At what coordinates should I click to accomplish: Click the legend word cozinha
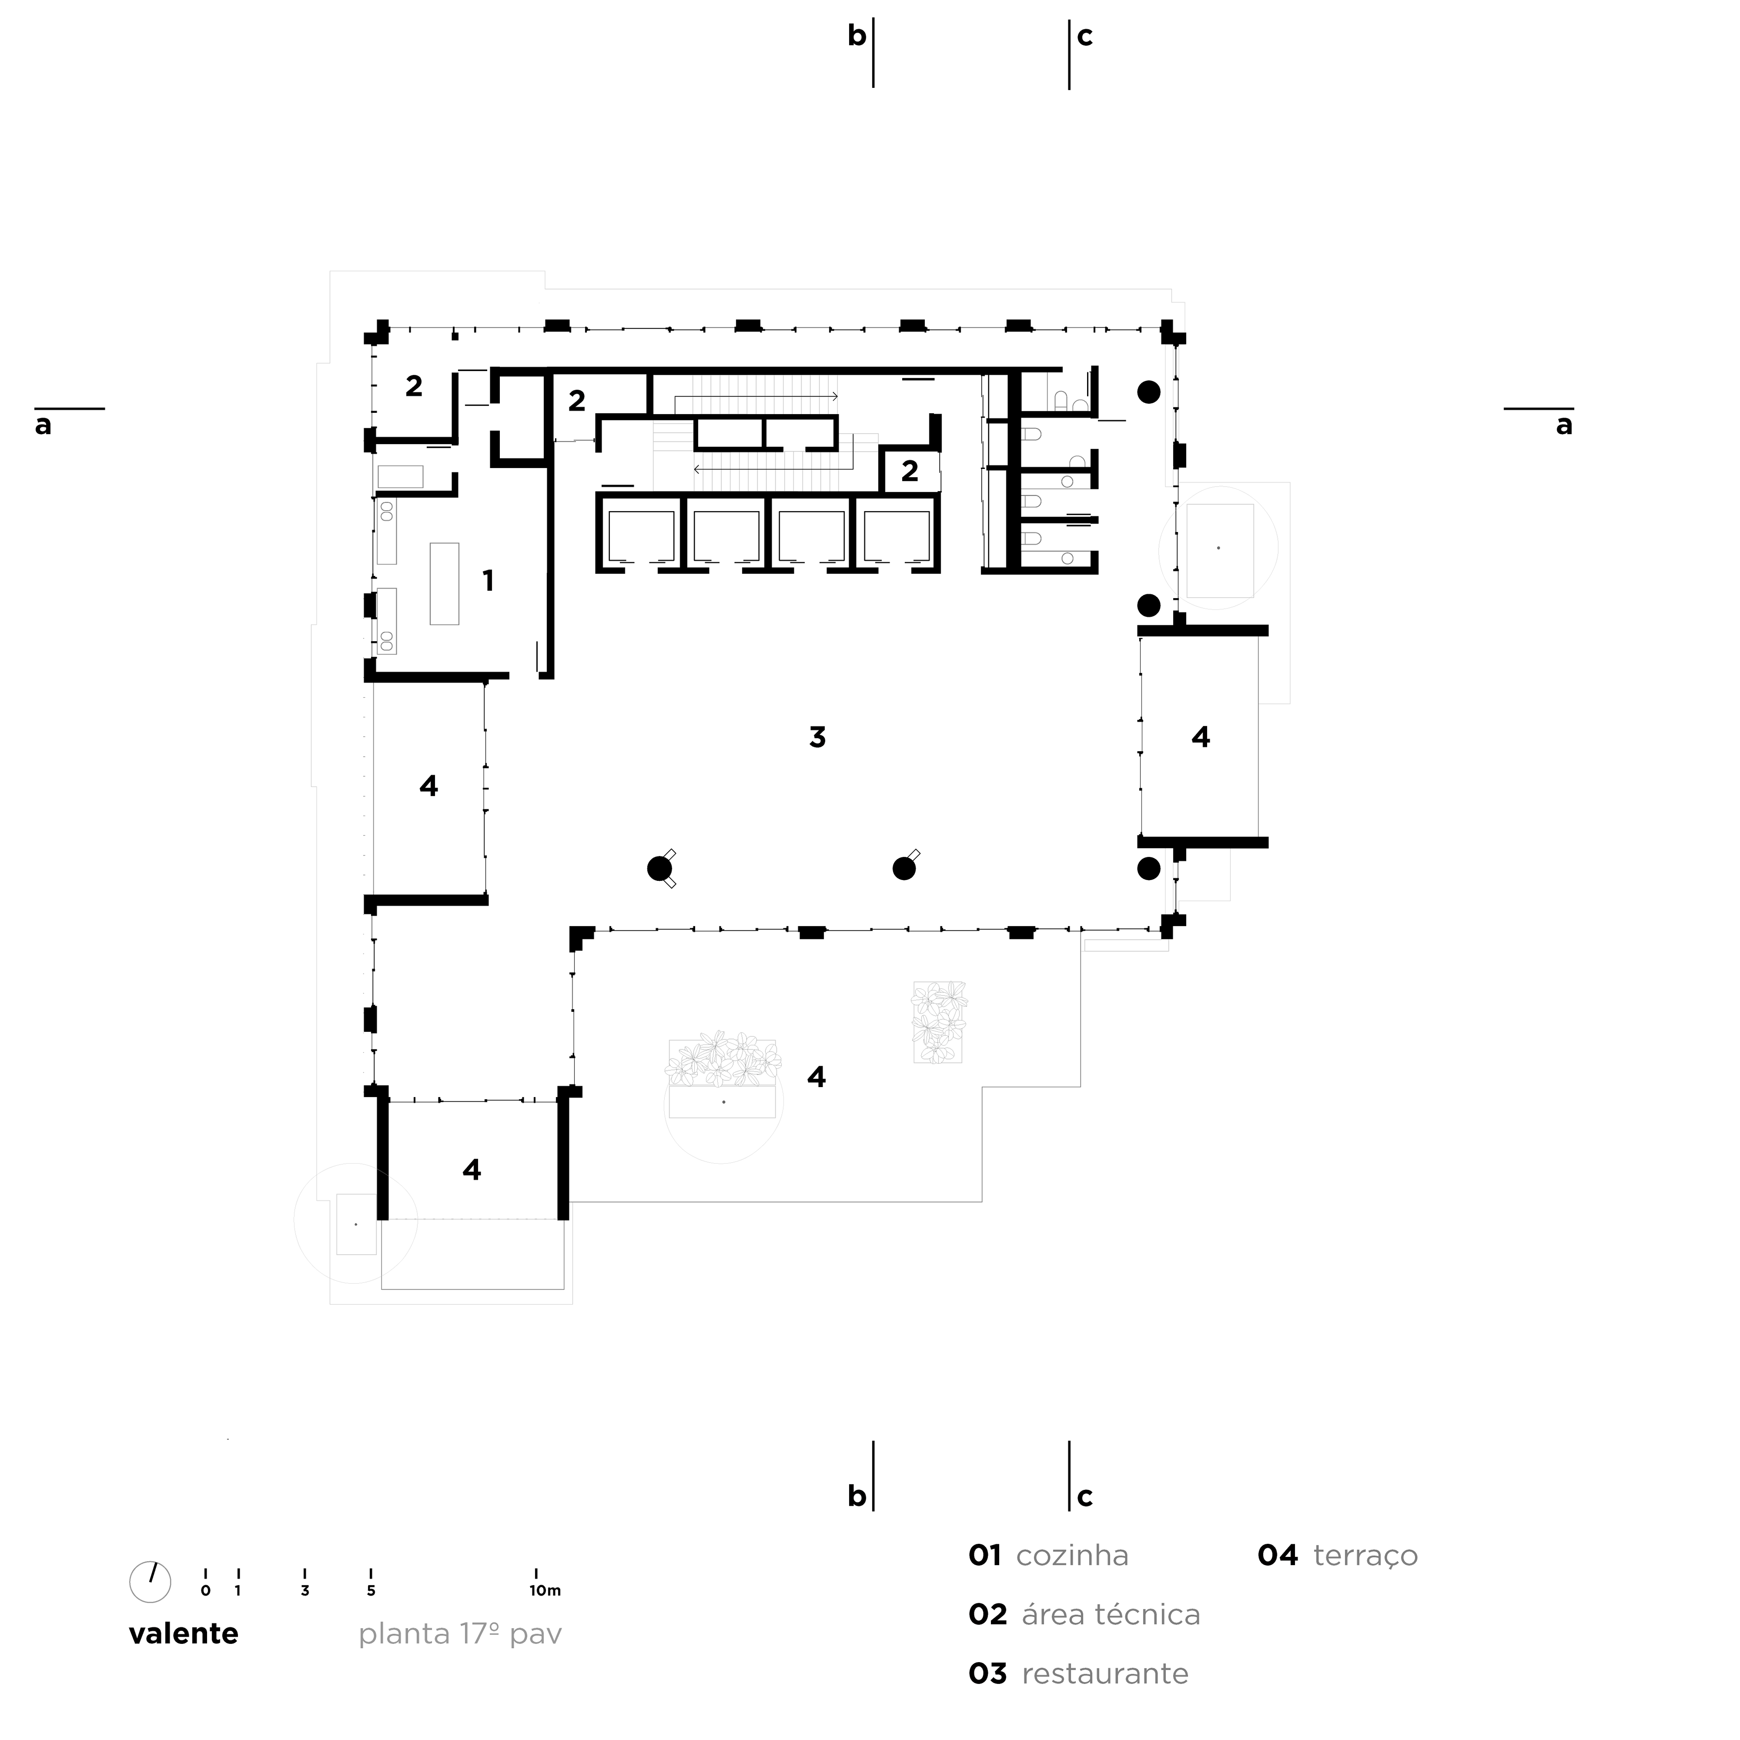coord(1072,1556)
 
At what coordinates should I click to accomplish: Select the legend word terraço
coord(1365,1556)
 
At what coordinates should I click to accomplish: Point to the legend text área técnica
coord(1111,1615)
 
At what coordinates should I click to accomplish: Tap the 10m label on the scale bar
coord(545,1590)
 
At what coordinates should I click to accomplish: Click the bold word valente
coord(184,1634)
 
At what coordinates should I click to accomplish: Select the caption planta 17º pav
coord(460,1634)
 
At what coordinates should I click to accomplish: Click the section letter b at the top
coord(856,36)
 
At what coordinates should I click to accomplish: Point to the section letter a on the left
coord(43,425)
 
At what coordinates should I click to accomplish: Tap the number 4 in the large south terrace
coord(816,1076)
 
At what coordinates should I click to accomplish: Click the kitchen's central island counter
coord(444,584)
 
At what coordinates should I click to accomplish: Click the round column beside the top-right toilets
coord(1148,392)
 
